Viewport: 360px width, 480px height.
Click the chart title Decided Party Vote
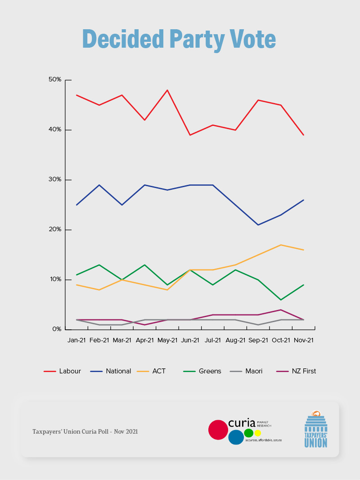click(x=179, y=40)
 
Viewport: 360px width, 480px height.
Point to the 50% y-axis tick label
click(x=55, y=80)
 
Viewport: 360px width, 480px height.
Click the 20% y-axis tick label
click(x=55, y=229)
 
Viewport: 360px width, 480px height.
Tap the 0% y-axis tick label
click(x=57, y=329)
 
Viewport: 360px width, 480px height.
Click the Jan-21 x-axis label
click(x=76, y=341)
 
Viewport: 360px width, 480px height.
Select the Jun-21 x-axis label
click(x=190, y=341)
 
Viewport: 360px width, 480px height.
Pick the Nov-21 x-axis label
click(x=303, y=341)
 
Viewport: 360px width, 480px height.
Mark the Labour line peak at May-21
click(x=167, y=90)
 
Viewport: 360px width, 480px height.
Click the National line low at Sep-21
click(x=258, y=224)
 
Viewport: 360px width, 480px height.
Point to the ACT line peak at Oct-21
click(x=281, y=245)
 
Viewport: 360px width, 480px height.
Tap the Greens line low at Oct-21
click(x=281, y=300)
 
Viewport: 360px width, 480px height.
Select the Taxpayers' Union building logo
click(x=316, y=429)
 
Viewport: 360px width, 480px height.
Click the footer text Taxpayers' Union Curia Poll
click(x=85, y=431)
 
